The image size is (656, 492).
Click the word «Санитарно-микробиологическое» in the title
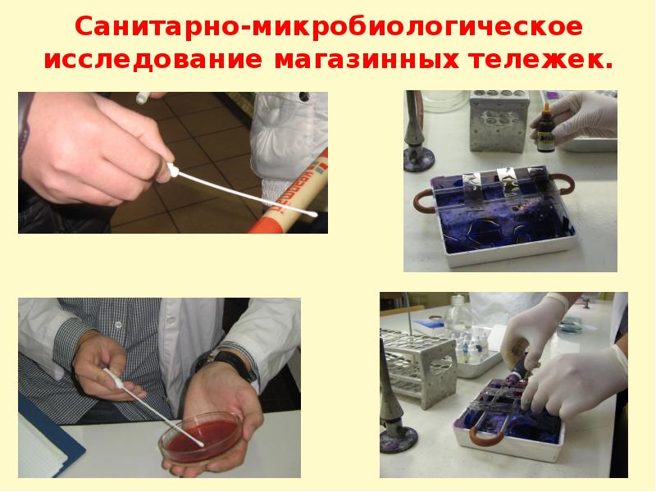pyautogui.click(x=329, y=27)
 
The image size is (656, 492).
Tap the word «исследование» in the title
pyautogui.click(x=153, y=60)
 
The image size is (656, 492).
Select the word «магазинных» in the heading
pyautogui.click(x=367, y=60)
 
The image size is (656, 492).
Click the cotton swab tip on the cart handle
pyautogui.click(x=312, y=214)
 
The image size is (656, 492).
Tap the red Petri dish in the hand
pyautogui.click(x=201, y=437)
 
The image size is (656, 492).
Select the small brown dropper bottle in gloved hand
pyautogui.click(x=545, y=130)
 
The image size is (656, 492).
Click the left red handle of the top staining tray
pyautogui.click(x=423, y=201)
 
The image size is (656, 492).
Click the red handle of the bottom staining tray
pyautogui.click(x=485, y=436)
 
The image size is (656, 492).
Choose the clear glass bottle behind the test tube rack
pyautogui.click(x=457, y=315)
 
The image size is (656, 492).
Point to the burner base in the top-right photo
pyautogui.click(x=419, y=159)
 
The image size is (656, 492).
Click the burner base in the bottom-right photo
pyautogui.click(x=399, y=440)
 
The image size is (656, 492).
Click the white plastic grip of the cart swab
pyautogui.click(x=173, y=170)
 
